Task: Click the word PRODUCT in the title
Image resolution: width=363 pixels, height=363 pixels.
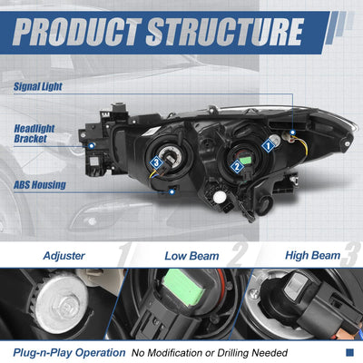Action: click(77, 32)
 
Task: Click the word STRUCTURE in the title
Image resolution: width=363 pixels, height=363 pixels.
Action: click(225, 32)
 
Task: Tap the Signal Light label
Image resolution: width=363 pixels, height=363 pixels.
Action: click(38, 87)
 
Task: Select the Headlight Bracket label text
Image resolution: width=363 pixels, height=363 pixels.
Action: click(34, 133)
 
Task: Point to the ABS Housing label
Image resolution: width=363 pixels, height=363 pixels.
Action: click(40, 184)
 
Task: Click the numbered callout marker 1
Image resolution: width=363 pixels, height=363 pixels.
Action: click(268, 146)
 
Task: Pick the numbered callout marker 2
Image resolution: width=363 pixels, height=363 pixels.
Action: click(237, 166)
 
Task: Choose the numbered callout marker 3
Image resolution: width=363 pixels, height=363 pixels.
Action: click(156, 163)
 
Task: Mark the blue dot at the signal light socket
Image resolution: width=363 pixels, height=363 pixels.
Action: click(292, 132)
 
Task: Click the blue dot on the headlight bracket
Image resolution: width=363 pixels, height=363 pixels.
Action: click(92, 146)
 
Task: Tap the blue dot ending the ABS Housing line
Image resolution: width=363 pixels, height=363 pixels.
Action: click(172, 191)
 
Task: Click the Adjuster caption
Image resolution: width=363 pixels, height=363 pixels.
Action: click(64, 256)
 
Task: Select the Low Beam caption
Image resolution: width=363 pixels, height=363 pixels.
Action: click(191, 256)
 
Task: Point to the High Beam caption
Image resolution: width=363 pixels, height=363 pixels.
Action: click(312, 256)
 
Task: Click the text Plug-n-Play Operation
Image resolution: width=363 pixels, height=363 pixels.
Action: click(69, 353)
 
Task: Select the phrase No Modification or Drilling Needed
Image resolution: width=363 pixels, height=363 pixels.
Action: click(210, 353)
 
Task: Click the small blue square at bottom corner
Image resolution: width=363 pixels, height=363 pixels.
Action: click(349, 352)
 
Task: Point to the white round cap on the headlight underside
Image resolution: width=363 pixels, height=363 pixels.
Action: click(220, 197)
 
